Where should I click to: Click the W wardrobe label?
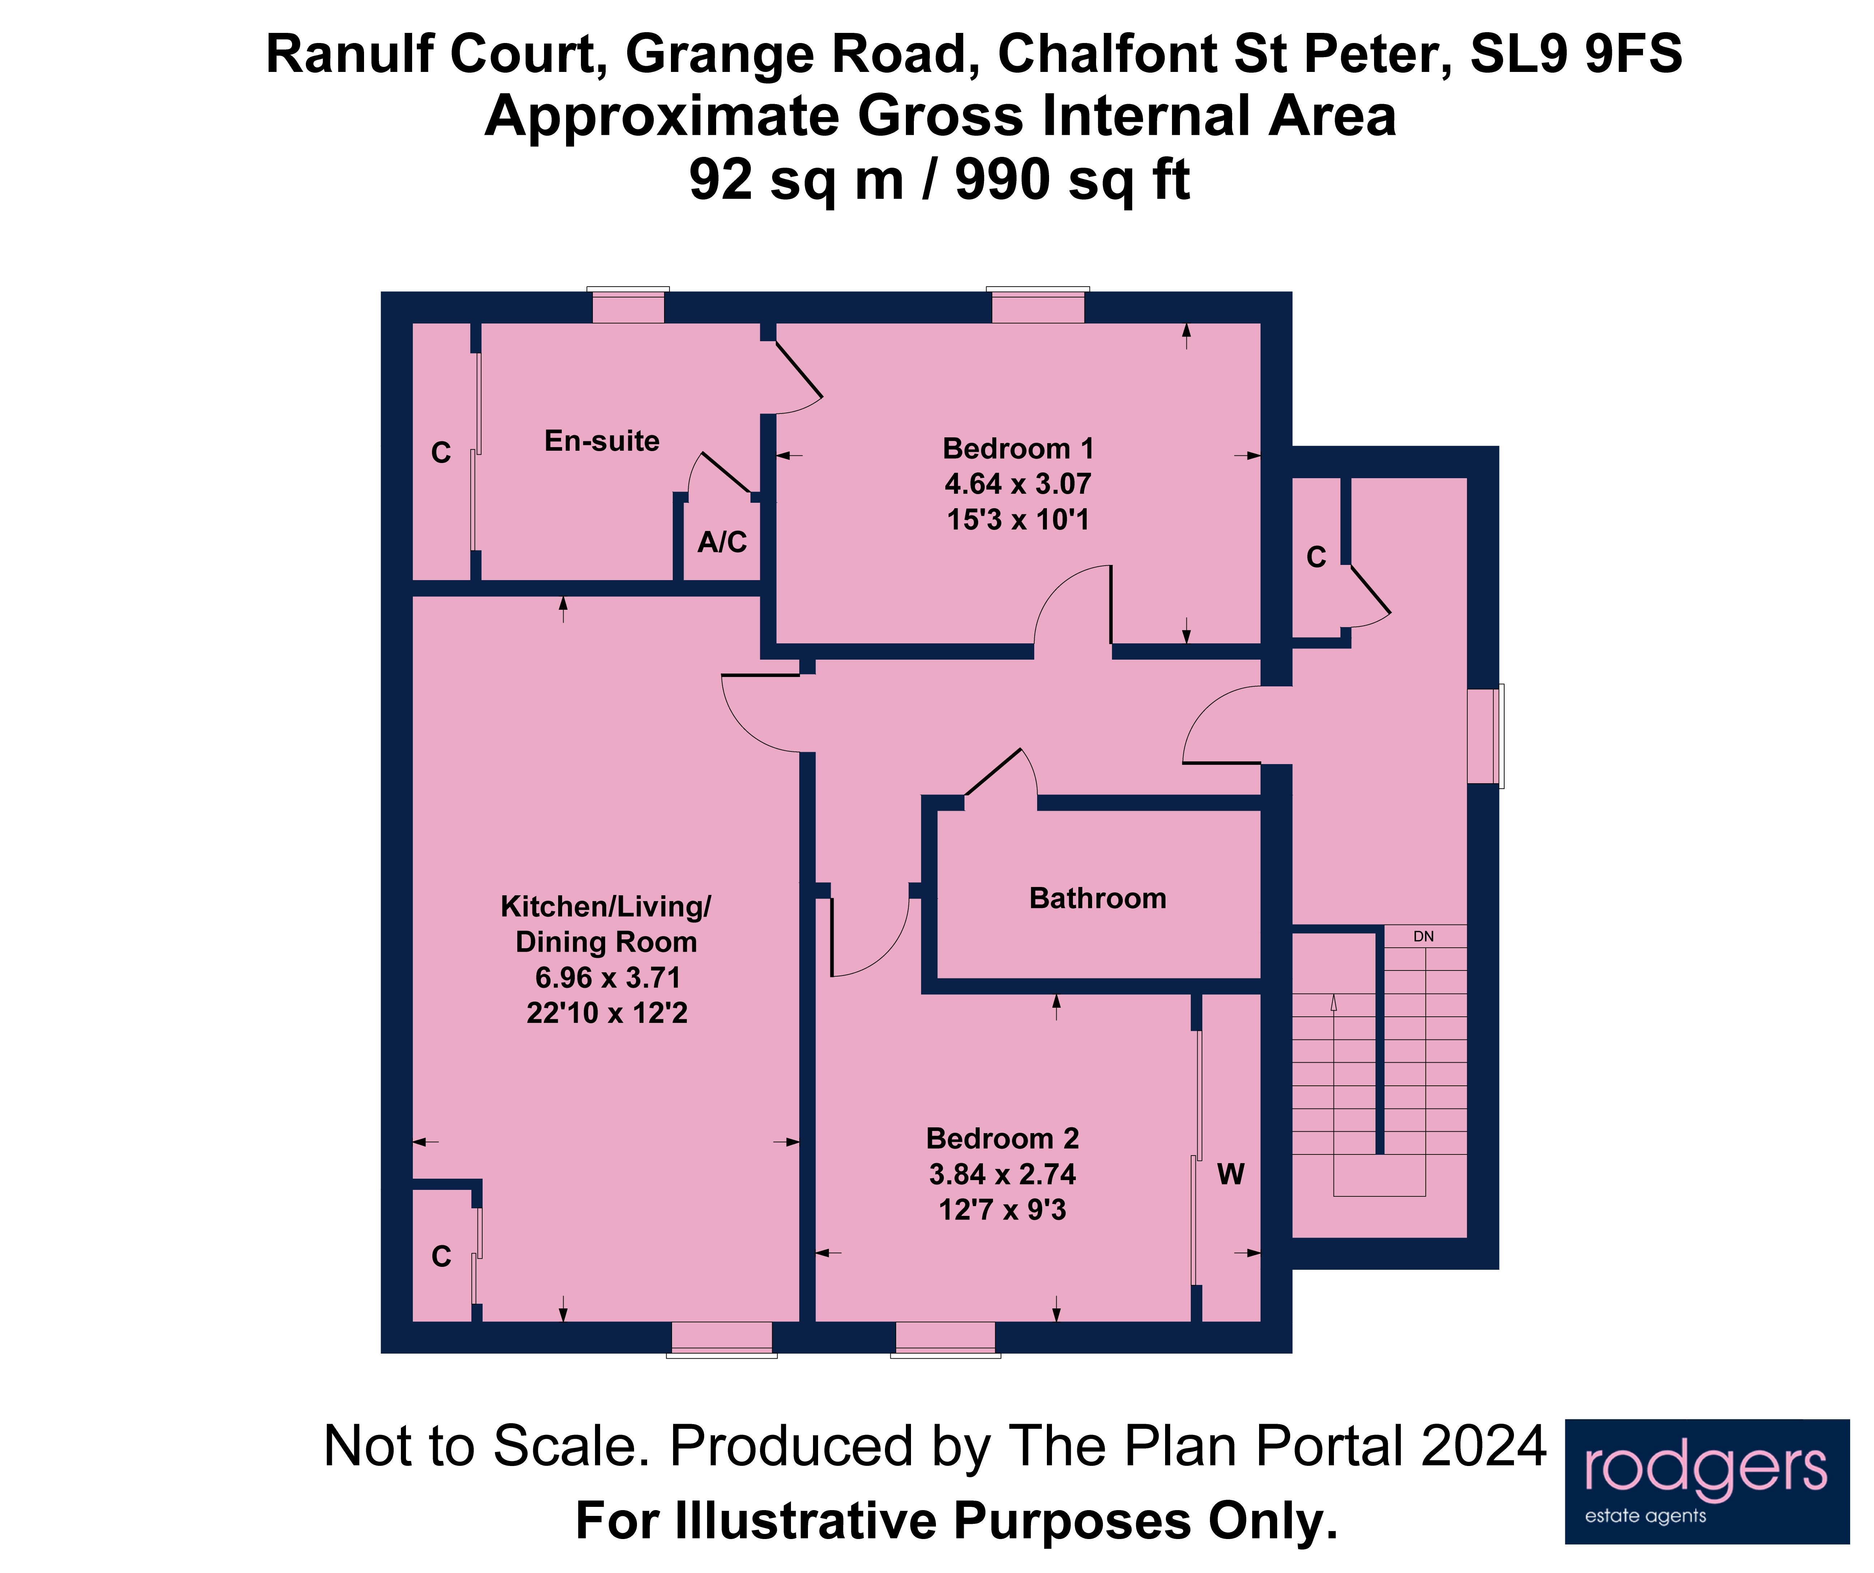coord(1231,1174)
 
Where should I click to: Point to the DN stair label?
coord(1423,936)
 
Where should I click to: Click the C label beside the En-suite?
coord(441,453)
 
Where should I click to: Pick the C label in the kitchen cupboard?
coord(441,1256)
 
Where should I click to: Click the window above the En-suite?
coord(628,307)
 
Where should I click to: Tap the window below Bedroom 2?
coord(945,1337)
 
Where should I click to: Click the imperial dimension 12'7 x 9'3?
coord(1002,1210)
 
